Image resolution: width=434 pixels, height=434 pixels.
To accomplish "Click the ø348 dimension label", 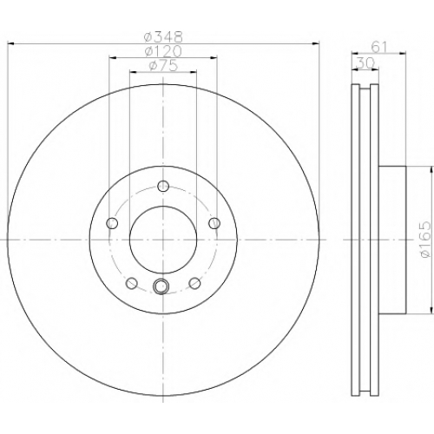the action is (164, 36).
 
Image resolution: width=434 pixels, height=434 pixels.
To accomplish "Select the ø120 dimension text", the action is (163, 51).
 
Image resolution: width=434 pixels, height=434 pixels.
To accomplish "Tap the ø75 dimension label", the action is (163, 66).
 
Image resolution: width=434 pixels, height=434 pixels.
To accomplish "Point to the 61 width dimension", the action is (379, 47).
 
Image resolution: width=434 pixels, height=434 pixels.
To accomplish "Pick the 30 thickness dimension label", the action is (365, 63).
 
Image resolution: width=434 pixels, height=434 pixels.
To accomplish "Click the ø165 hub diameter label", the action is (424, 240).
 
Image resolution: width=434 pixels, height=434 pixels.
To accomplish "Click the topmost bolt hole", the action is (163, 186).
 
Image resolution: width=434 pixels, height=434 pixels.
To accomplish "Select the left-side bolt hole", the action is (112, 223).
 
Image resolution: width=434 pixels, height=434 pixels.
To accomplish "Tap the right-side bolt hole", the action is (214, 223).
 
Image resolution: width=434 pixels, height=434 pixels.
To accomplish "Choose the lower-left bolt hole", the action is (132, 283).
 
